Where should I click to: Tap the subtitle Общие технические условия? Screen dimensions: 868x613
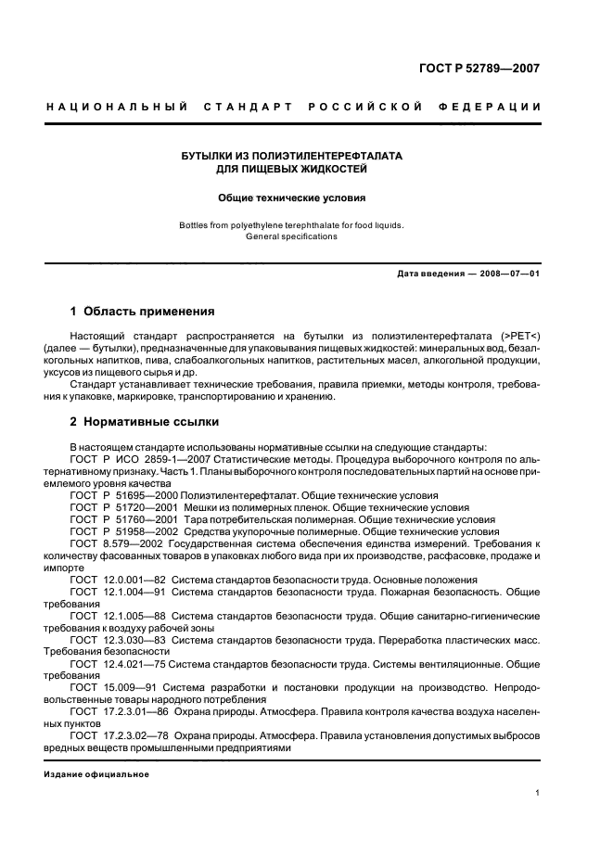(292, 198)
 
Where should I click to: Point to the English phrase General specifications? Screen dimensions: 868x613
(292, 236)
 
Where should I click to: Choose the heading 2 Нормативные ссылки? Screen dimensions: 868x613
(145, 422)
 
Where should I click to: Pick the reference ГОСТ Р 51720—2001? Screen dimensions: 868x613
(123, 508)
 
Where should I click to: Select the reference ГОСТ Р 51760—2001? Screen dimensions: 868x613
(123, 520)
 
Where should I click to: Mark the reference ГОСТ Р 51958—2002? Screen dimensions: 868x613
(123, 532)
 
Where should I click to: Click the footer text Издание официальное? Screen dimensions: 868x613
(96, 774)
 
